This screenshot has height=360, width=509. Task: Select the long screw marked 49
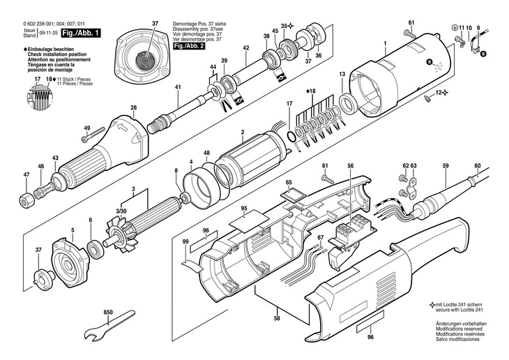click(93, 135)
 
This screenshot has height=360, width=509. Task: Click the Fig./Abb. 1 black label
click(80, 33)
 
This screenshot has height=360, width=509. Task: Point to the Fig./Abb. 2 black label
click(189, 46)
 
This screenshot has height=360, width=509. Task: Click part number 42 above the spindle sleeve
click(245, 47)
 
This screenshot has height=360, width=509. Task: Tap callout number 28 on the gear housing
click(134, 108)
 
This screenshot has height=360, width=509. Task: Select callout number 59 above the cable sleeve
click(446, 166)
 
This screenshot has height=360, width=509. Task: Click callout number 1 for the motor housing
click(386, 43)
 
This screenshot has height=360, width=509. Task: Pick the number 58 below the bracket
click(277, 318)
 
